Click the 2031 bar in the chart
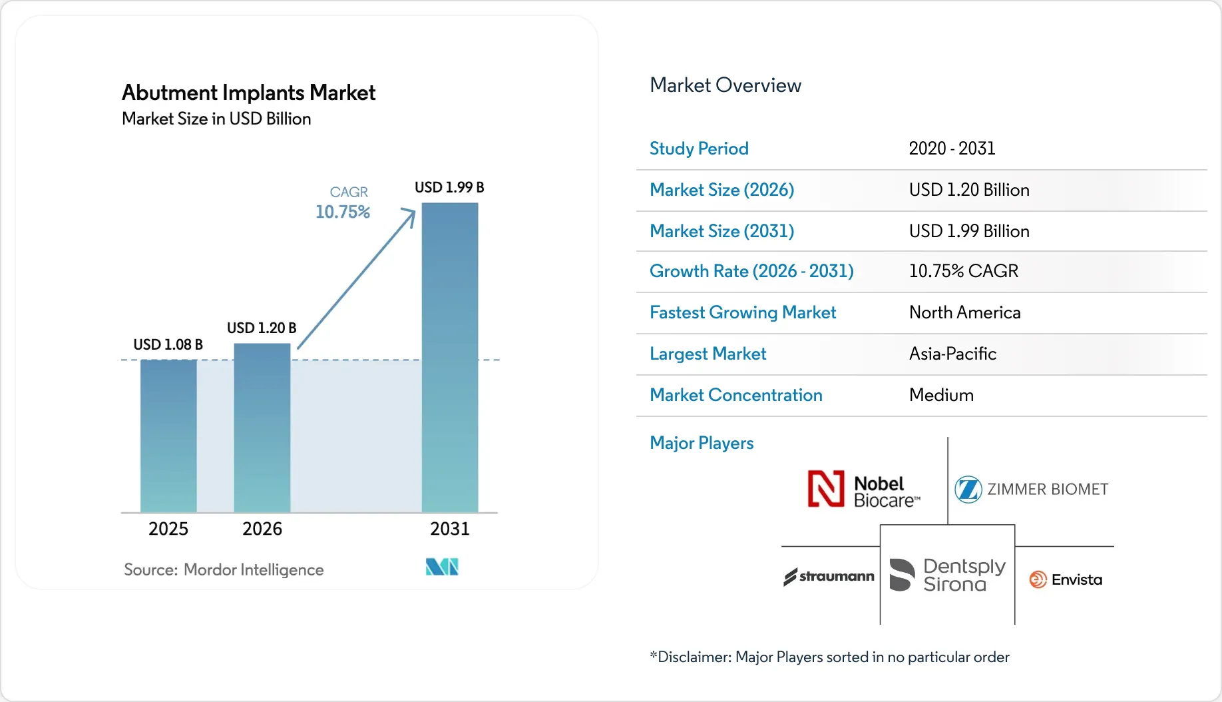coord(450,358)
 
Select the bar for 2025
coord(168,436)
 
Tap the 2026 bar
coord(262,428)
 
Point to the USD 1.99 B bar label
coord(449,188)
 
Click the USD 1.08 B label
coord(168,345)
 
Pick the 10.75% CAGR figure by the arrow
coord(343,212)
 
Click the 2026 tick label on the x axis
coord(262,529)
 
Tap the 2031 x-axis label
coord(450,529)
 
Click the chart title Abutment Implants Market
coord(249,93)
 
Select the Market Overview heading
coord(725,85)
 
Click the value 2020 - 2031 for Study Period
coord(952,149)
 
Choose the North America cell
coord(965,312)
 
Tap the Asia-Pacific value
coord(953,354)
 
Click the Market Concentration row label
coord(736,395)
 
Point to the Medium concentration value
coord(941,395)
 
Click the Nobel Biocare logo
coord(864,490)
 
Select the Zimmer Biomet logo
coord(1031,490)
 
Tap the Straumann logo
coord(829,577)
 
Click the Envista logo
coord(1066,579)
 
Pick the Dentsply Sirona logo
coord(948,575)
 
